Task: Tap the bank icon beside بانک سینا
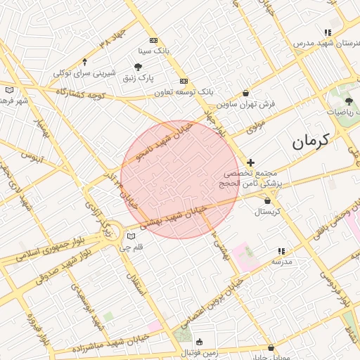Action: [x=154, y=40]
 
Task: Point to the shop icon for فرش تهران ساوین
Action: [x=245, y=93]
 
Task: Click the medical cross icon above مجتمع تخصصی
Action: [x=251, y=162]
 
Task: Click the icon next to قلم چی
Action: [x=131, y=236]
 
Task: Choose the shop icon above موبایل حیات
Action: [x=270, y=347]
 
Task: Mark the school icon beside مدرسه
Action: [x=282, y=251]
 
